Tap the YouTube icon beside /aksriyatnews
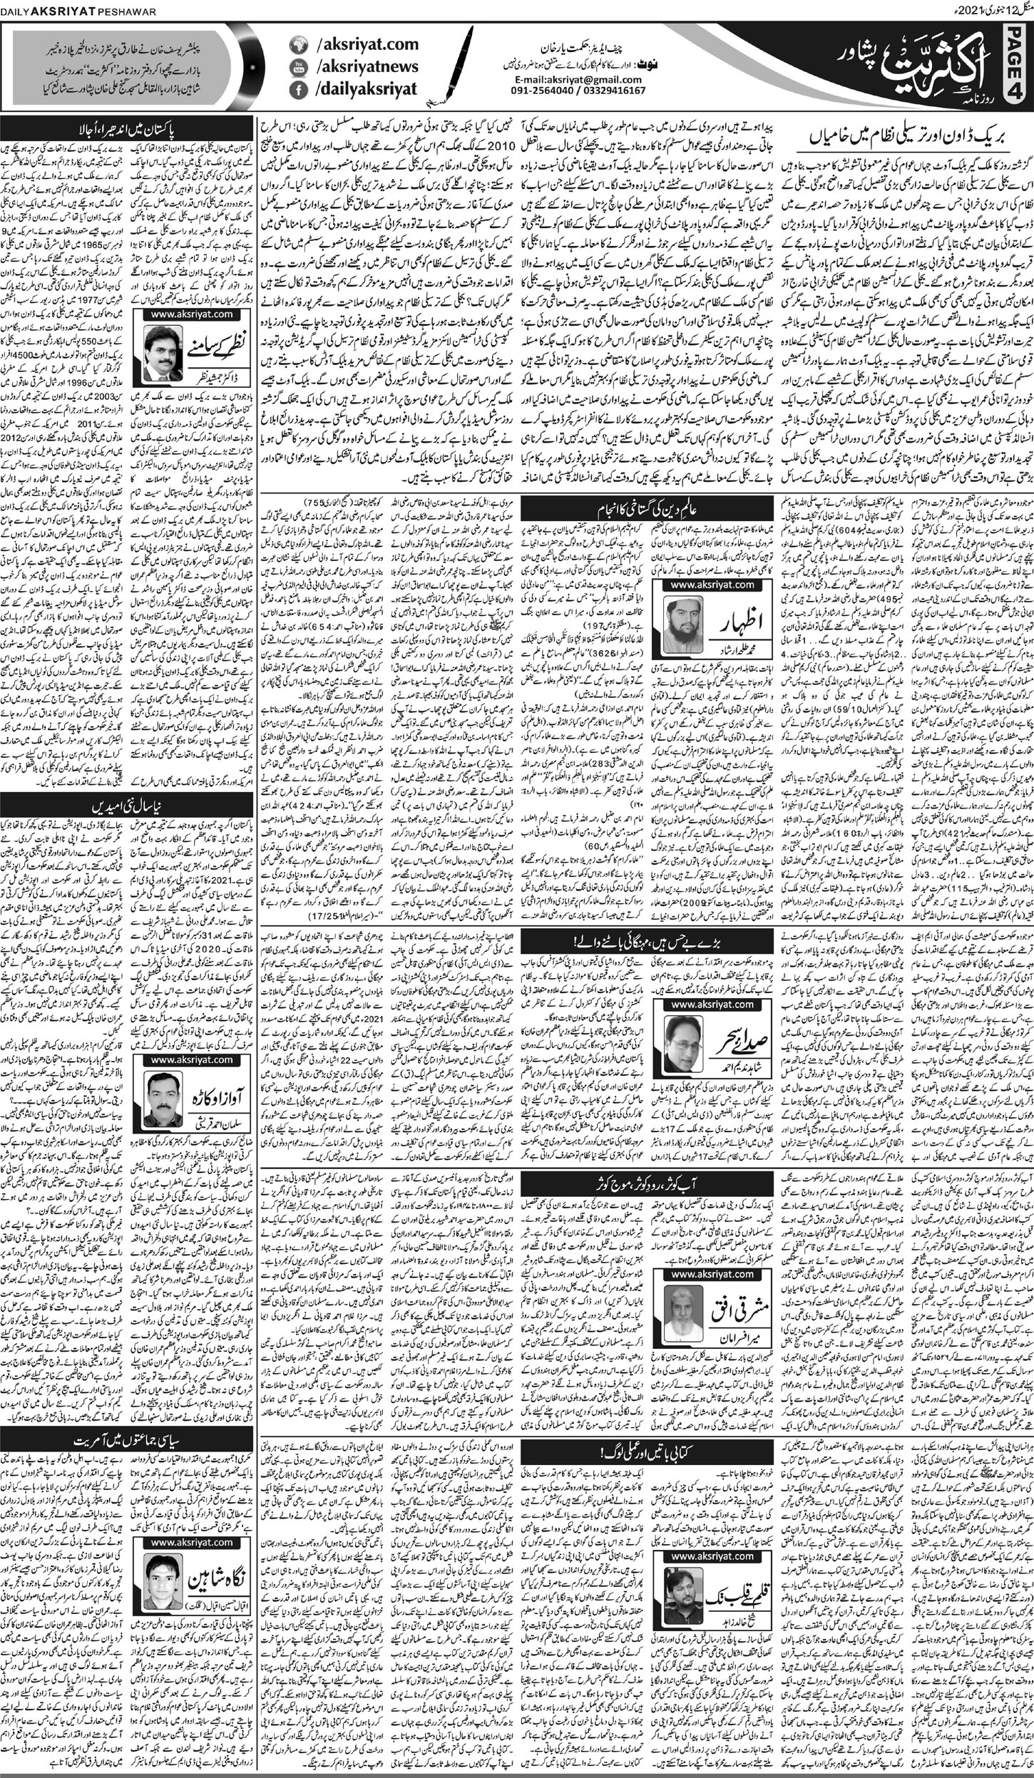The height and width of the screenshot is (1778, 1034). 297,68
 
